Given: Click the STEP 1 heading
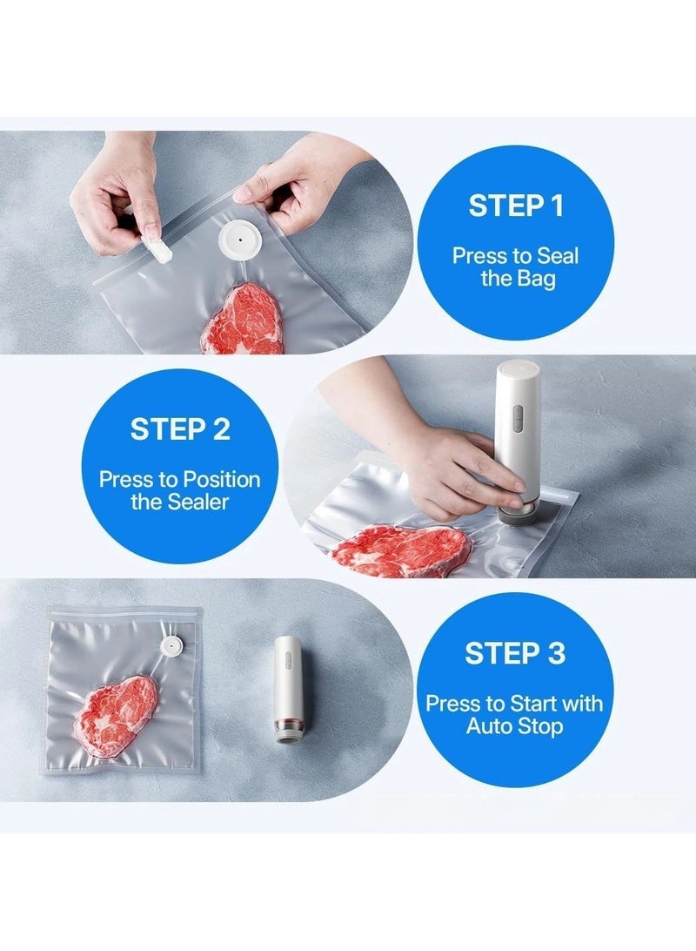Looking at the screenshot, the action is click(x=516, y=206).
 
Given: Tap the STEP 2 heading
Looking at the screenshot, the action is click(x=180, y=429).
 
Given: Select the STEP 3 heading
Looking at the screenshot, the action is click(x=515, y=653).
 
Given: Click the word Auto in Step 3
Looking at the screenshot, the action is click(x=487, y=726).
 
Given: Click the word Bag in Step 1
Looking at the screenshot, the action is click(x=536, y=279).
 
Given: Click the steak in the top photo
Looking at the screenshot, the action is click(x=243, y=319).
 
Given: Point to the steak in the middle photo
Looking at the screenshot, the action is click(x=403, y=550).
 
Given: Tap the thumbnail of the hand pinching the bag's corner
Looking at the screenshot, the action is click(x=244, y=194).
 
